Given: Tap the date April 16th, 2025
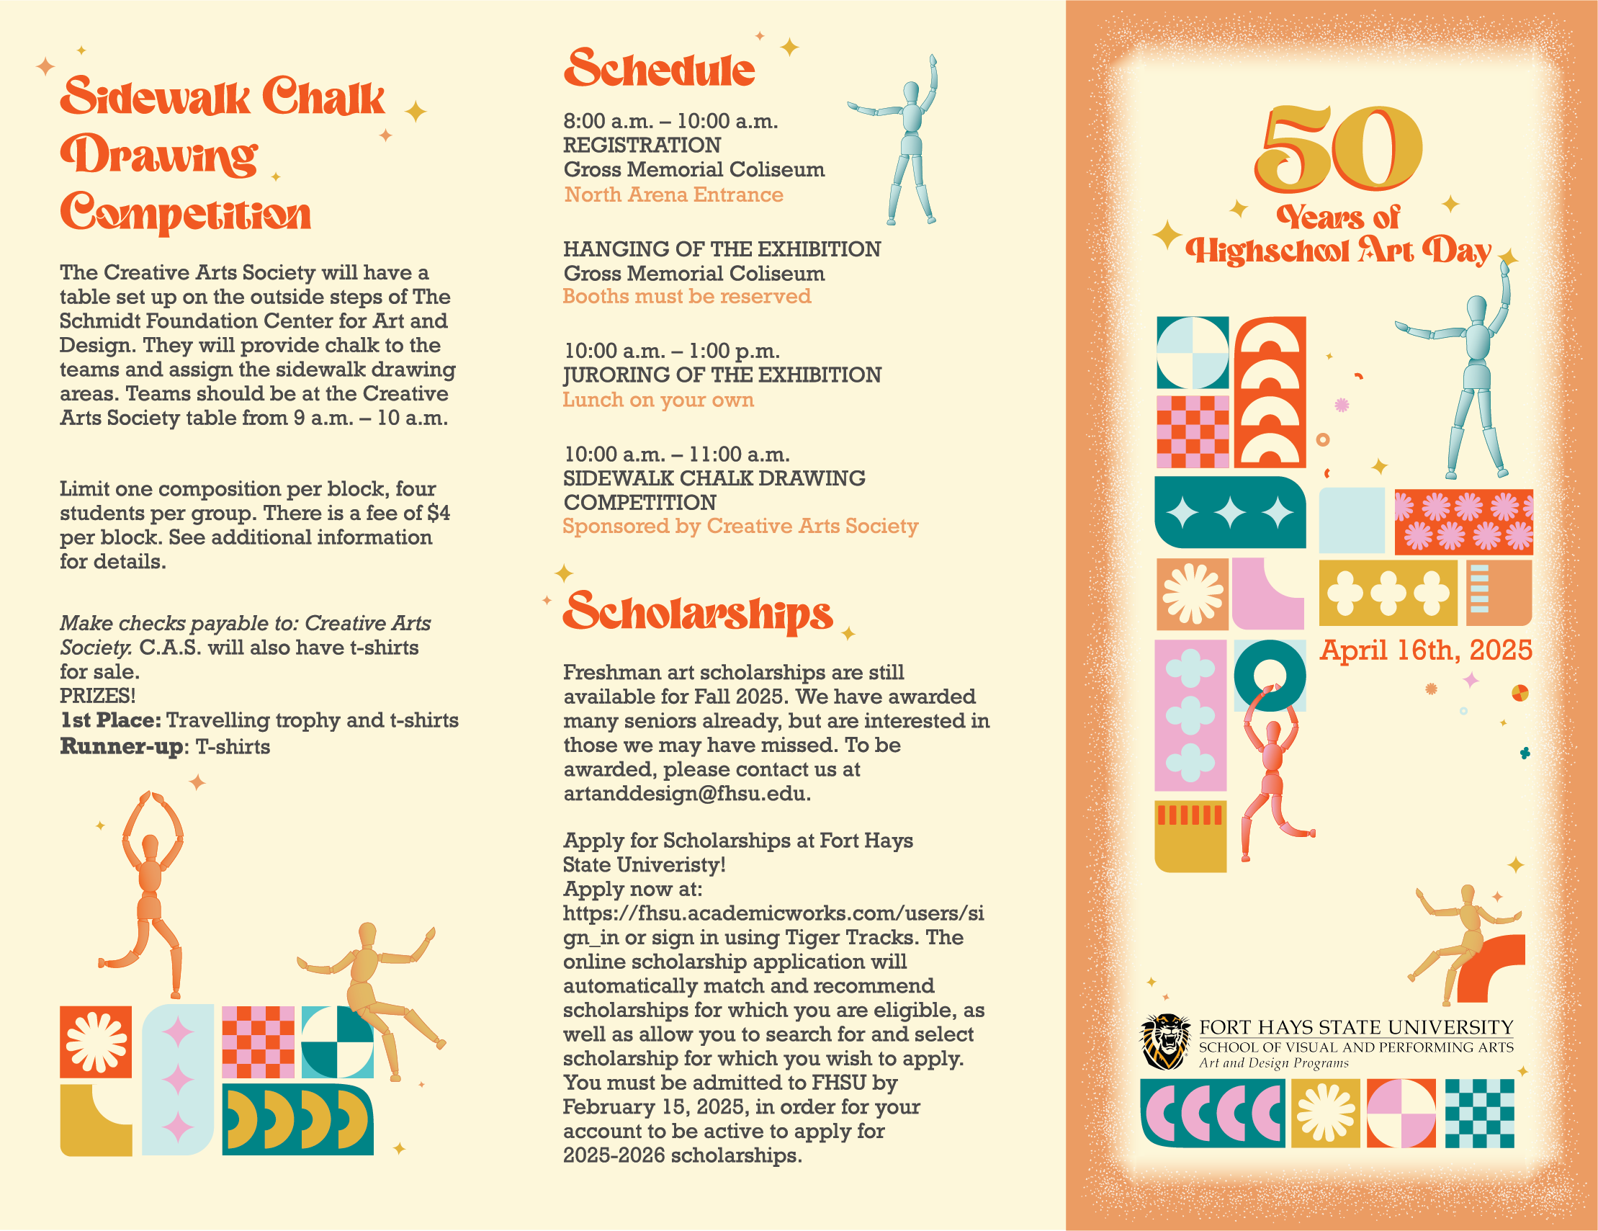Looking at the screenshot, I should pyautogui.click(x=1425, y=650).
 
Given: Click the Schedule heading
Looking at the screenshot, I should pyautogui.click(x=658, y=70).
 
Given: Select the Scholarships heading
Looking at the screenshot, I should pyautogui.click(x=698, y=613).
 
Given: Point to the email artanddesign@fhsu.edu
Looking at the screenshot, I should pyautogui.click(x=686, y=794).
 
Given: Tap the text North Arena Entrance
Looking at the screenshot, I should pyautogui.click(x=673, y=194).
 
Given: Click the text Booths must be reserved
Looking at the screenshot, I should pyautogui.click(x=686, y=297).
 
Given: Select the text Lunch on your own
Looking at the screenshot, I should pyautogui.click(x=657, y=400).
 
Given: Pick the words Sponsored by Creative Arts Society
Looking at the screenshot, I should pyautogui.click(x=740, y=527).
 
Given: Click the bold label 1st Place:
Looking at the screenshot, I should pyautogui.click(x=110, y=721).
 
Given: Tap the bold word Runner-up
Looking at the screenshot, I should pyautogui.click(x=121, y=746).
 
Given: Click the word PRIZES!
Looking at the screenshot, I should pyautogui.click(x=97, y=696).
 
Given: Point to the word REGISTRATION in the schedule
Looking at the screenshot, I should pyautogui.click(x=642, y=145).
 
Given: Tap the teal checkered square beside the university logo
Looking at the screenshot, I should pyautogui.click(x=1478, y=1113).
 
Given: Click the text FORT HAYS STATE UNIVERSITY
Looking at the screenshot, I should pyautogui.click(x=1356, y=1028).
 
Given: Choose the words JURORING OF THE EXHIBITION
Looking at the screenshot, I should pyautogui.click(x=722, y=375).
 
